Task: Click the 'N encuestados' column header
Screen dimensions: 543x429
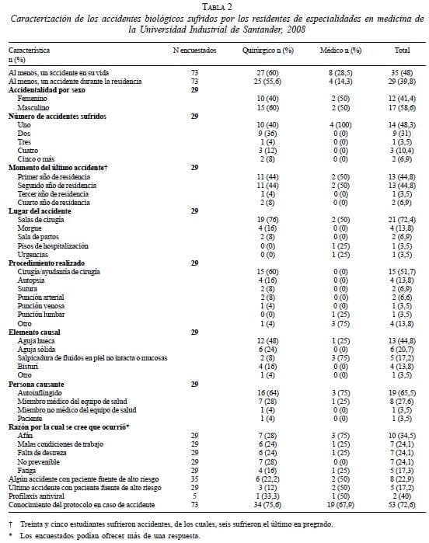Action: [194, 50]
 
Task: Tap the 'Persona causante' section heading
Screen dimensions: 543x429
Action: [40, 384]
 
